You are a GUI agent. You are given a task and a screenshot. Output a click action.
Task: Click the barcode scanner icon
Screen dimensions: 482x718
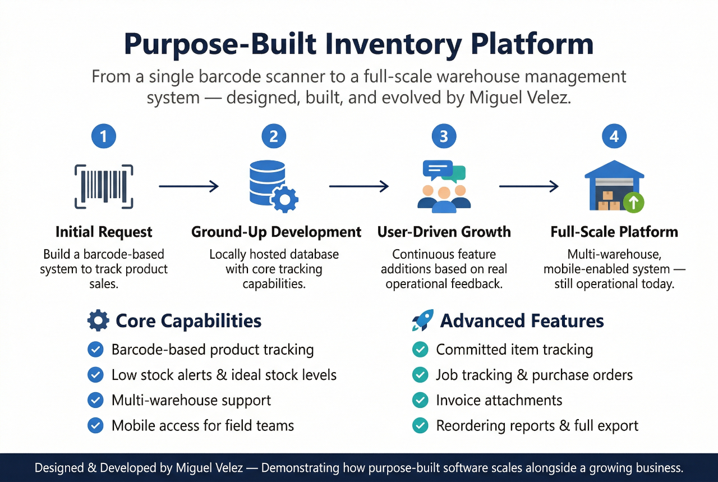tap(104, 187)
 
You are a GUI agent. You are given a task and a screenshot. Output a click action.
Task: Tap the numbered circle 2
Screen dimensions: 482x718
tap(274, 136)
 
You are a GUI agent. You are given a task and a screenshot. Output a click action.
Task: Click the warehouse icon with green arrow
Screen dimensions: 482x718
tap(614, 187)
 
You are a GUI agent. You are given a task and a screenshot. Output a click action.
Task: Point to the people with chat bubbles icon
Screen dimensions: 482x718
tap(444, 187)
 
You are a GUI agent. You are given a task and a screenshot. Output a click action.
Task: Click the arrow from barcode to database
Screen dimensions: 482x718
tap(188, 186)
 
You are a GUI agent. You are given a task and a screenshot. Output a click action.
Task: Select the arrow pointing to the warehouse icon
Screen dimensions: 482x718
tap(528, 186)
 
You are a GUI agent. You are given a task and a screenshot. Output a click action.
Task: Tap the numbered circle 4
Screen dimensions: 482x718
tap(614, 136)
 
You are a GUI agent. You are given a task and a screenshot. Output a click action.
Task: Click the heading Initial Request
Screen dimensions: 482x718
tap(104, 232)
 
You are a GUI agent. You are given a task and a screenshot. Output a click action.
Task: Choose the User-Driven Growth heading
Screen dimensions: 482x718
tap(444, 232)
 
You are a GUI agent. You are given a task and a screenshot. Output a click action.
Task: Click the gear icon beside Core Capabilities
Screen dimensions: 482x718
tap(98, 320)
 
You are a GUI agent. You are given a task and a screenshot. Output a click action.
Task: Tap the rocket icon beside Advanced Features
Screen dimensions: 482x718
tap(422, 320)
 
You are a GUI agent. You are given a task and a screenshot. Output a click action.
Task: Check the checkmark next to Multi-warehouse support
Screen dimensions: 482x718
tap(95, 400)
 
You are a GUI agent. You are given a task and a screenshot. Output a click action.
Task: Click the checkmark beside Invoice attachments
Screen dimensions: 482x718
tap(420, 400)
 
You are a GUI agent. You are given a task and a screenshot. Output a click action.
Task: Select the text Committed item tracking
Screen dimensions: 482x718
tap(514, 350)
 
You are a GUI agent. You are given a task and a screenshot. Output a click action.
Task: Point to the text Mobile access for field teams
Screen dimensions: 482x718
tap(202, 426)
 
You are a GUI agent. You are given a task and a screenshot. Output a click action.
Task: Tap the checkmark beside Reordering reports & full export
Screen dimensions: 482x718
tap(420, 426)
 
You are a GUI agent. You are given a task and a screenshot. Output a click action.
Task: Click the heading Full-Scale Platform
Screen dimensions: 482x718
tap(614, 232)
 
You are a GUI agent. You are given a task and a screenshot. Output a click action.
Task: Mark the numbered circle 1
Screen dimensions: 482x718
tap(104, 136)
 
